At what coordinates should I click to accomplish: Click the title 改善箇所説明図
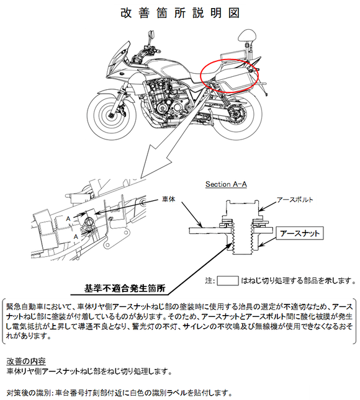click(x=180, y=13)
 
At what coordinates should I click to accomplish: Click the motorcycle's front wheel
click(x=112, y=115)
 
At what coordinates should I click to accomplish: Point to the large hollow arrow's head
click(x=154, y=162)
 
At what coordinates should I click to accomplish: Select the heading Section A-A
click(x=226, y=184)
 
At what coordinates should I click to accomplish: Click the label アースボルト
click(x=295, y=200)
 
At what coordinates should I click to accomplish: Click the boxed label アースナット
click(x=300, y=233)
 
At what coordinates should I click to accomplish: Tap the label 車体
click(x=169, y=198)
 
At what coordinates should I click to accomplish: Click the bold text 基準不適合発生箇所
click(x=125, y=288)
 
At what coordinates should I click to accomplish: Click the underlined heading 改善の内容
click(x=26, y=361)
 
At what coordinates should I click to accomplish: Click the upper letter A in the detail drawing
click(x=68, y=219)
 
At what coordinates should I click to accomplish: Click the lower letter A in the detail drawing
click(x=76, y=237)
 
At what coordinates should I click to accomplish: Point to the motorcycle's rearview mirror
click(x=151, y=35)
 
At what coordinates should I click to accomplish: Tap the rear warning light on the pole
click(x=247, y=36)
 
